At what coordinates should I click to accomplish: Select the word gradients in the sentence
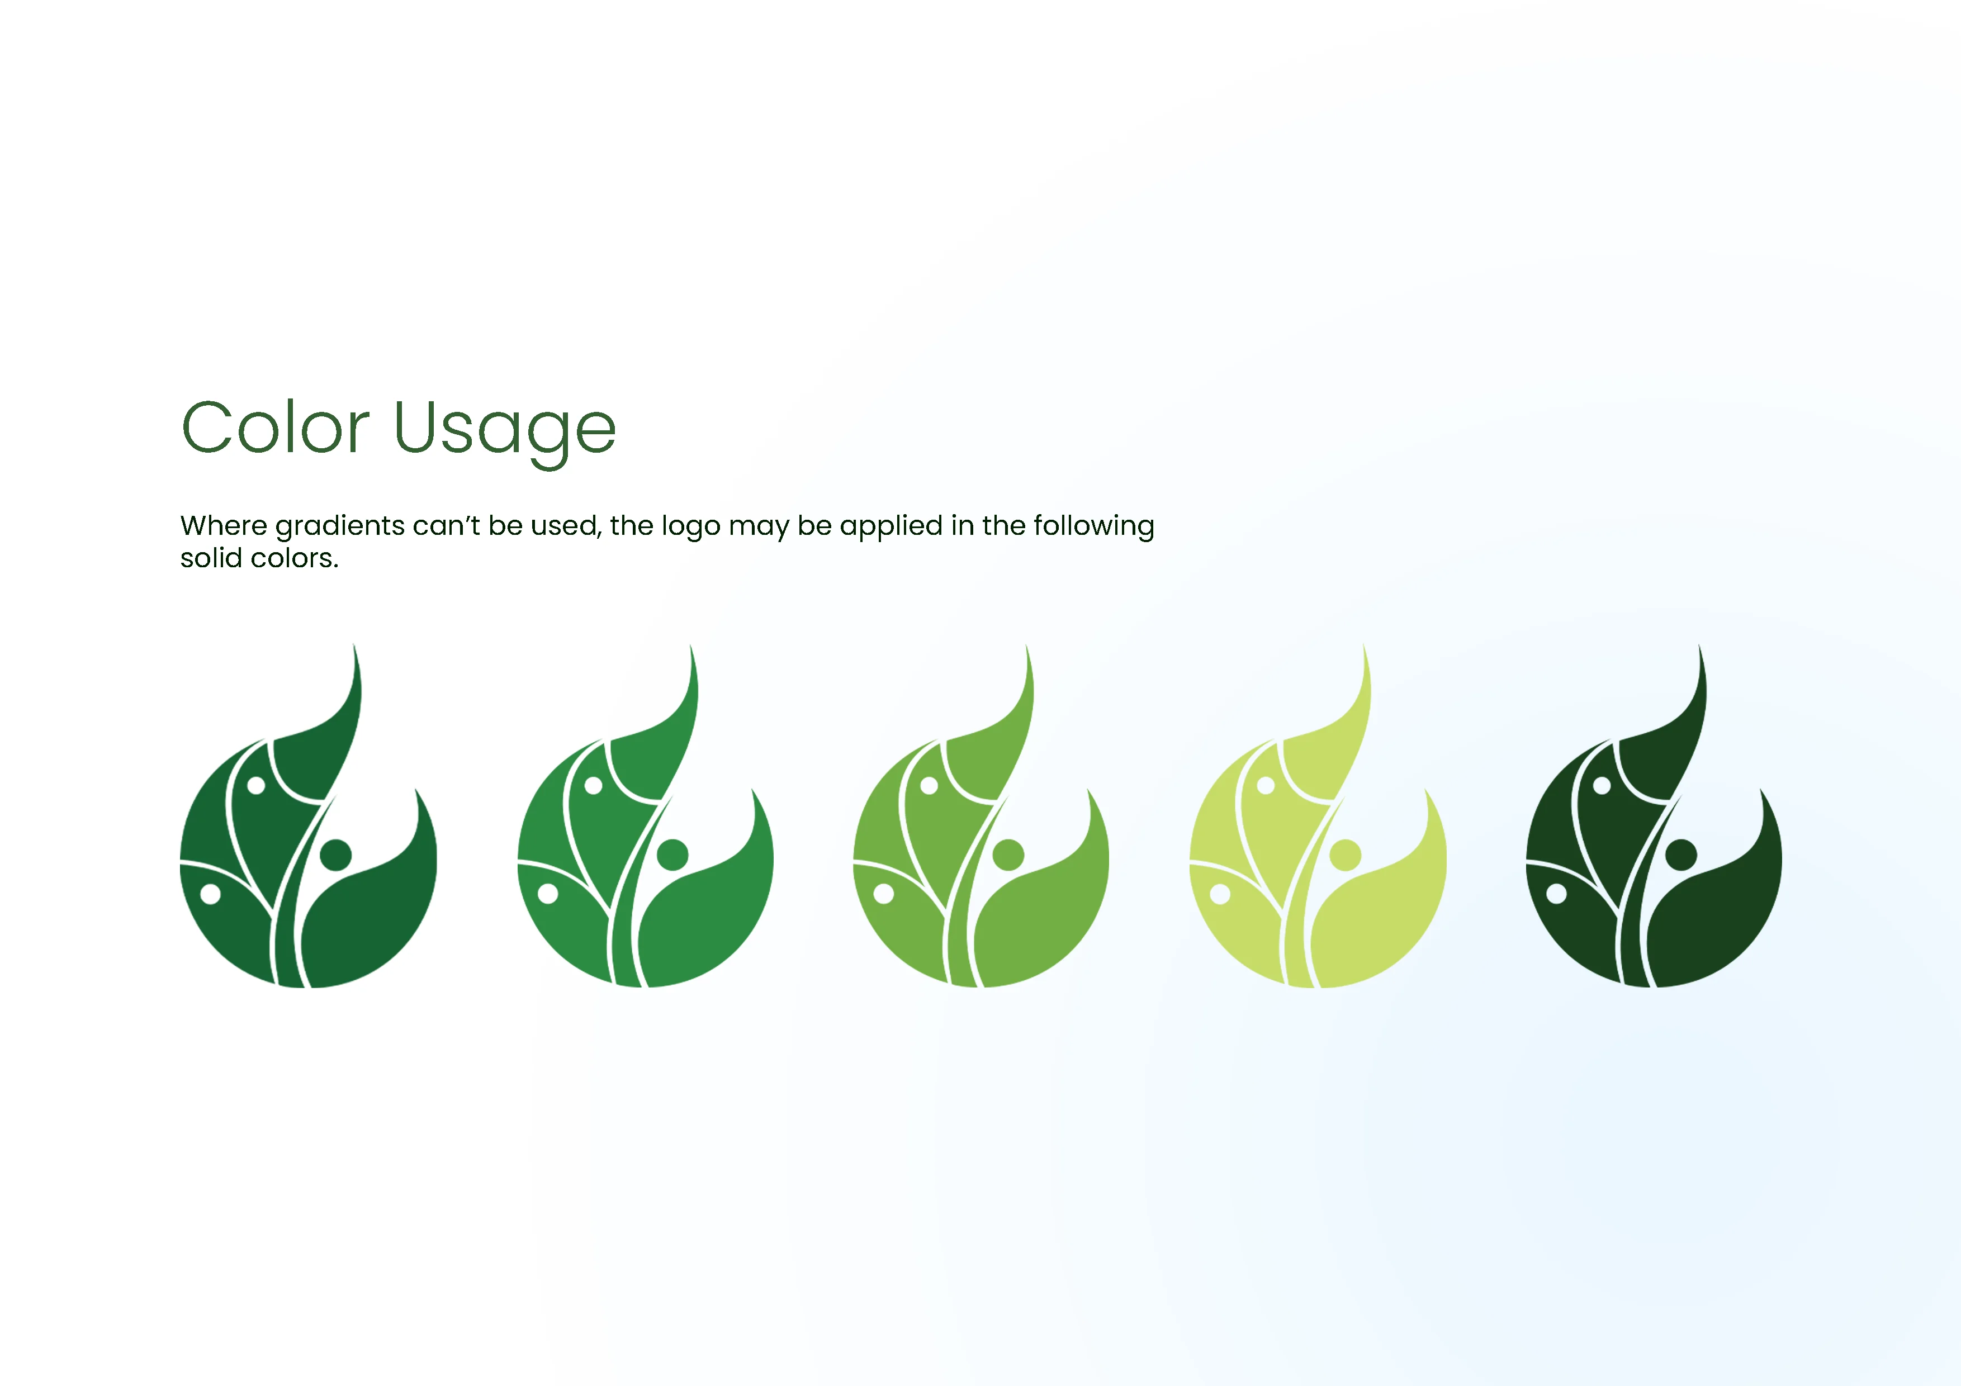[340, 526]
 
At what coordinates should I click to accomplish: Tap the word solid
[211, 558]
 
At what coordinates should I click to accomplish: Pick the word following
[1093, 526]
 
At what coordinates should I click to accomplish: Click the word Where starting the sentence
[224, 525]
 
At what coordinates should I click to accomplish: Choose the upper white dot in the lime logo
[1266, 785]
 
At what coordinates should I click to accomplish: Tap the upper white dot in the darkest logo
[1602, 785]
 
